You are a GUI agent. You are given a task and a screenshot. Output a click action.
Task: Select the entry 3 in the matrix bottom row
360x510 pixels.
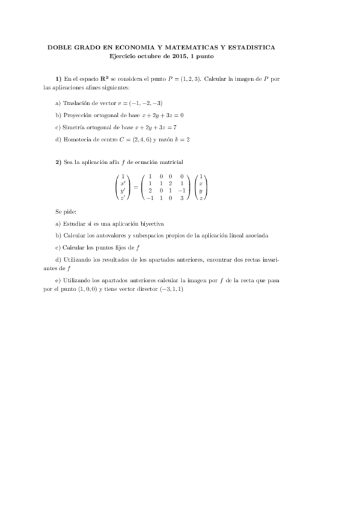tap(182, 198)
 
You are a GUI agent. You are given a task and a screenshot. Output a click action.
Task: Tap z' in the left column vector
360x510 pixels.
tap(123, 198)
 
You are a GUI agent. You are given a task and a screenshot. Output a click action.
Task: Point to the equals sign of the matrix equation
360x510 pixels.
tap(135, 187)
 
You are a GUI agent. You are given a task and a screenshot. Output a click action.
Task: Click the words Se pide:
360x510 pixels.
tap(64, 212)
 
